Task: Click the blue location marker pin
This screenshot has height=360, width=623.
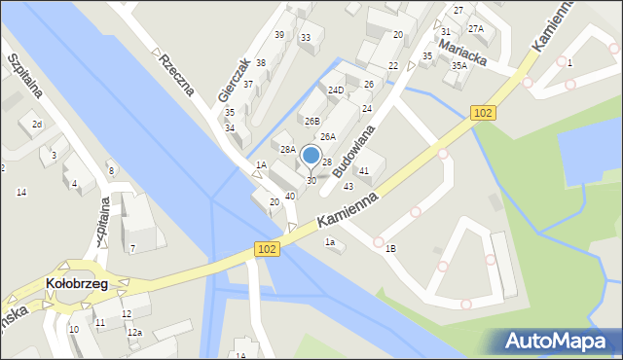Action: (311, 156)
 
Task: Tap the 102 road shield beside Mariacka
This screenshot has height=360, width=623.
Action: (483, 113)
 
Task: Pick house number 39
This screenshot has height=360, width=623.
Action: (279, 35)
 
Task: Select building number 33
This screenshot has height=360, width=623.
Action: (306, 38)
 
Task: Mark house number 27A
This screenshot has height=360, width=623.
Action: (475, 29)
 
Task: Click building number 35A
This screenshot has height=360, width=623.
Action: (458, 66)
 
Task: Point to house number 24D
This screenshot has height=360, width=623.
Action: (336, 90)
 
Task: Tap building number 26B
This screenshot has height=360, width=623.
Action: (311, 122)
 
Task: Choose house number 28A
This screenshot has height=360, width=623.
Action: (288, 149)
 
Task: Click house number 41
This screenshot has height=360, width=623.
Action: (364, 171)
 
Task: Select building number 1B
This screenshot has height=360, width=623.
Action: (390, 248)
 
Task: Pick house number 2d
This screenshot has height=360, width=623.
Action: (36, 125)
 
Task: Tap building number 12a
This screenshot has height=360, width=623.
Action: (134, 333)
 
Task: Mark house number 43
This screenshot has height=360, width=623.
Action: (348, 187)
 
